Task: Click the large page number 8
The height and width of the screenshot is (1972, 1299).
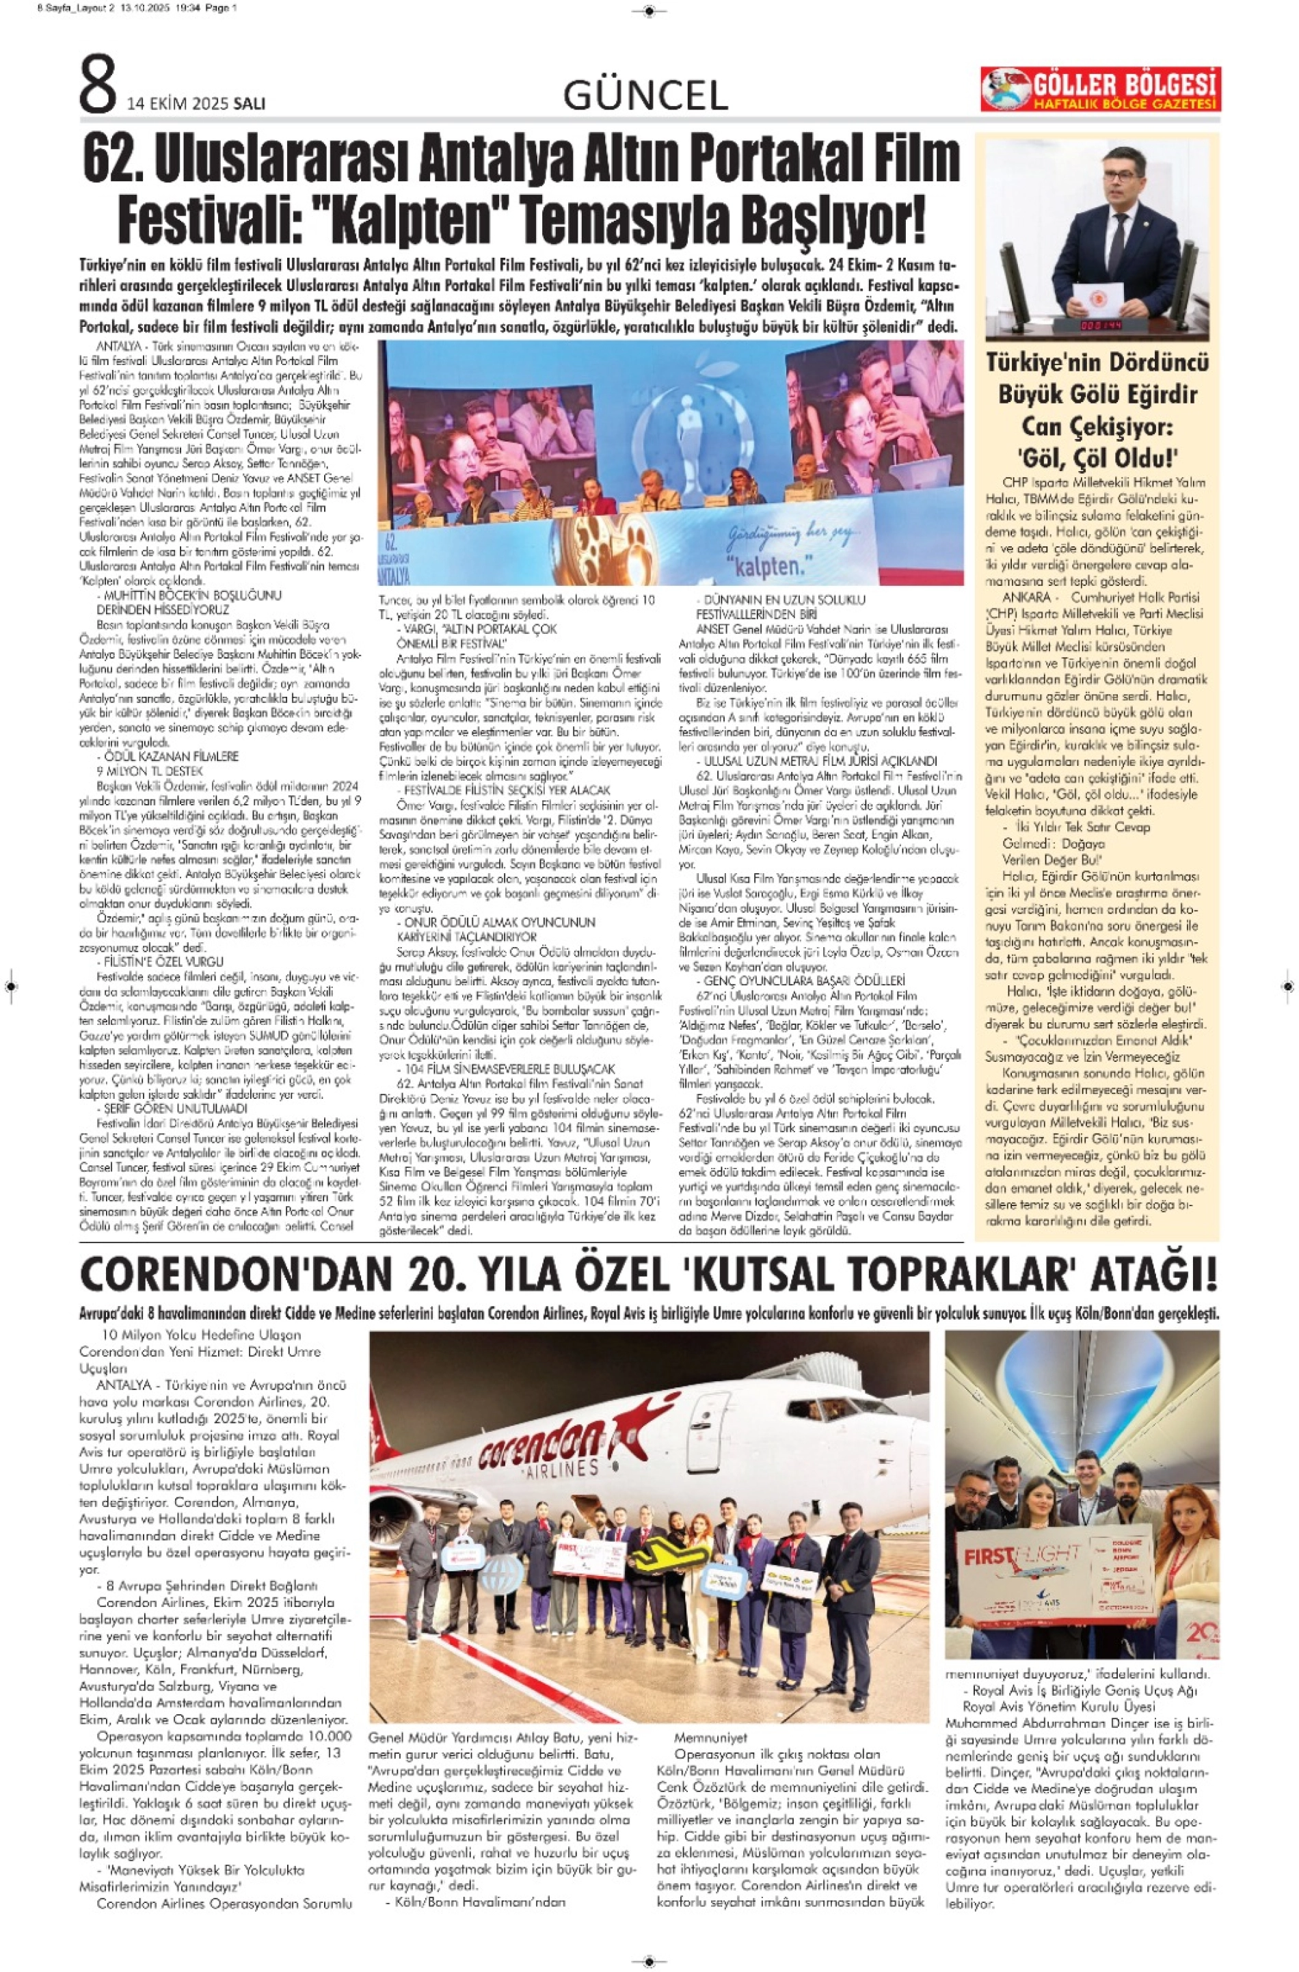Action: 98,85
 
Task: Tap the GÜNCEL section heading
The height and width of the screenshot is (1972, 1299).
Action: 645,96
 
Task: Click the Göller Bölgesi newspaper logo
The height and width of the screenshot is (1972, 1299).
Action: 1100,90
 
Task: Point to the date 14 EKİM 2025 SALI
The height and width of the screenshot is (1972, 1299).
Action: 196,103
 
